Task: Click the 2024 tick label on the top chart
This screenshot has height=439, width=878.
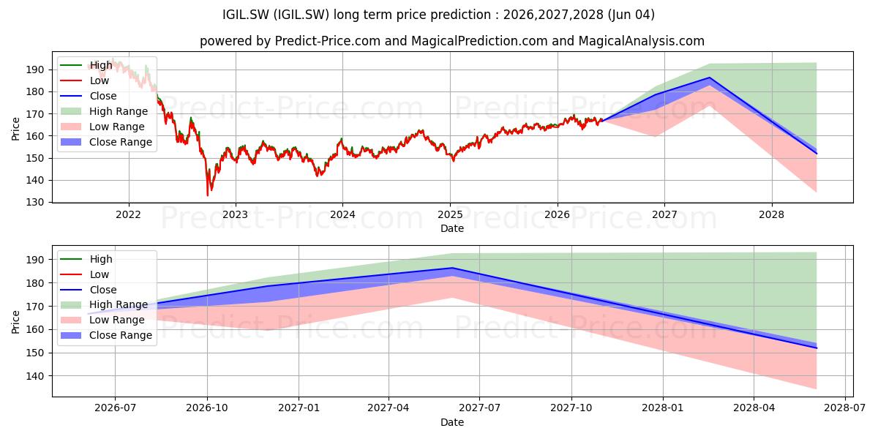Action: [342, 214]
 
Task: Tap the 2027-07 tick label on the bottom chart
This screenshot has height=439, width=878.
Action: [479, 408]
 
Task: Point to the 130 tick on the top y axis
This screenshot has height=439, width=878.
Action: [34, 202]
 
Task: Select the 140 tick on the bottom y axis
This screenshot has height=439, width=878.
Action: [34, 376]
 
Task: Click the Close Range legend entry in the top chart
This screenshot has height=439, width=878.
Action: [106, 142]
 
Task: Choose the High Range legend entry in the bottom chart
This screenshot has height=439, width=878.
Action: [104, 304]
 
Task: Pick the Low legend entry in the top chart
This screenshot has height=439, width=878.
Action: [84, 80]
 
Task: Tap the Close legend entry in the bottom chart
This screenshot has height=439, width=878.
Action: [89, 290]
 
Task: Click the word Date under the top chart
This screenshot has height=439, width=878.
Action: [452, 228]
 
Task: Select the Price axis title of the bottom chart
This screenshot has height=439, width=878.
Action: [15, 322]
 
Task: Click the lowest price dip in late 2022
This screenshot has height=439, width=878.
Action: [207, 195]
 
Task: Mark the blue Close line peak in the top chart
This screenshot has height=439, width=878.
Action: [709, 78]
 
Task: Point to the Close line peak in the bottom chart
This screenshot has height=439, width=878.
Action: [452, 268]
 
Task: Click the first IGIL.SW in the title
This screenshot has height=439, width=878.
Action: [246, 15]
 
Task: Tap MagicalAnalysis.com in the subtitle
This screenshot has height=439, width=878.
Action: [641, 41]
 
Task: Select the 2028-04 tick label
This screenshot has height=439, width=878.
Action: [754, 408]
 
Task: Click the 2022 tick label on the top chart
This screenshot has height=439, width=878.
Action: [128, 214]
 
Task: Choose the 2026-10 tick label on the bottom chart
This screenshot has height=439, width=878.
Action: [207, 408]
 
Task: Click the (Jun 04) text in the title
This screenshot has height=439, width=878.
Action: [631, 15]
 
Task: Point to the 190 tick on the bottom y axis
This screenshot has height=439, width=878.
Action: [34, 260]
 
